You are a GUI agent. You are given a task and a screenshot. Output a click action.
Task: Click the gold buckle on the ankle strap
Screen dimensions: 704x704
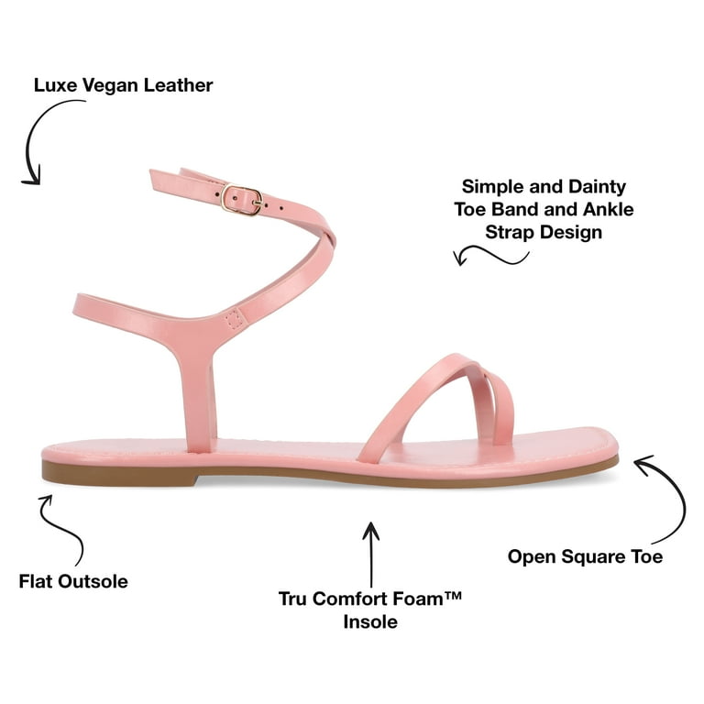(x=242, y=199)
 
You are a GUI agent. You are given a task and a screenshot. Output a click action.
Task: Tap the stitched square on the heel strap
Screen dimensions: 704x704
(x=235, y=320)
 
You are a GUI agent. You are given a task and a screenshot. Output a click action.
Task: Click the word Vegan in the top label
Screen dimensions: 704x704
(x=111, y=86)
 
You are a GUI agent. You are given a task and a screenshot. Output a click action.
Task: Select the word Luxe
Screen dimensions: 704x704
(x=56, y=85)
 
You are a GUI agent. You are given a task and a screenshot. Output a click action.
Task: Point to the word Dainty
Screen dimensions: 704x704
(x=597, y=187)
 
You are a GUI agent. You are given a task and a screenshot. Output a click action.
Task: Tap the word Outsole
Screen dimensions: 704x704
(x=93, y=581)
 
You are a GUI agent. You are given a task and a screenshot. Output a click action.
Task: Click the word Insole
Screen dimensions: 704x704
(x=370, y=621)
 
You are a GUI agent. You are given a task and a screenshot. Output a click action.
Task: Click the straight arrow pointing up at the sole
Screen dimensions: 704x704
(x=371, y=555)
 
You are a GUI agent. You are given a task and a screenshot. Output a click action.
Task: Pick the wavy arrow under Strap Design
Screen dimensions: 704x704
(x=490, y=255)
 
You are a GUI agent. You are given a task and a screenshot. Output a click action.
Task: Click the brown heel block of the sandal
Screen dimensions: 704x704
(x=120, y=473)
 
